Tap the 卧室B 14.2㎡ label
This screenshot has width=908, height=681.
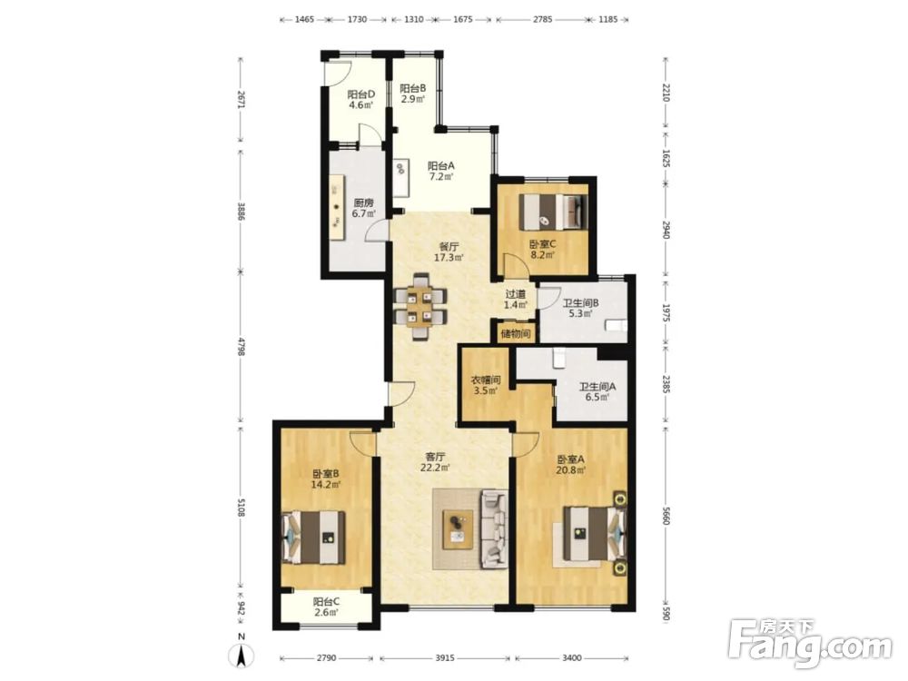(x=325, y=479)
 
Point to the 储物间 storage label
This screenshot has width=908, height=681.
(x=516, y=333)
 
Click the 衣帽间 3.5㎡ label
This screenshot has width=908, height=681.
(x=485, y=385)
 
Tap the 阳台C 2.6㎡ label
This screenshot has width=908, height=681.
(x=326, y=607)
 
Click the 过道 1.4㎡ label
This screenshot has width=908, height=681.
(x=516, y=300)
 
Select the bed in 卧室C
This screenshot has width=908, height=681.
(x=553, y=212)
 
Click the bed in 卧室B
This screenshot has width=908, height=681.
(x=313, y=537)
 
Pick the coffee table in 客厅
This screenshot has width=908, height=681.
(x=459, y=529)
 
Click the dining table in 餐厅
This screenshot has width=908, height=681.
(x=421, y=307)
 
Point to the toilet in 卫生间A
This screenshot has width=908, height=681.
(x=559, y=357)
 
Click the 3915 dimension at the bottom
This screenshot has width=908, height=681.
(x=445, y=657)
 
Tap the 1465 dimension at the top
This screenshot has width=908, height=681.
(x=304, y=19)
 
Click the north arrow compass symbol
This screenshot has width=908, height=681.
(x=243, y=655)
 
